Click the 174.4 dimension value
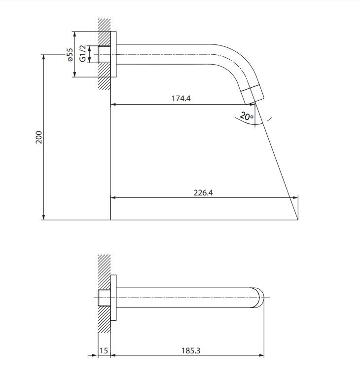181,98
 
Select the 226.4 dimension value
203,192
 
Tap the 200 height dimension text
39,137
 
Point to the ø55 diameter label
70,55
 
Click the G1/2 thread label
83,53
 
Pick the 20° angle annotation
247,116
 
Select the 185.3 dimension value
191,350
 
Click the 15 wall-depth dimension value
104,350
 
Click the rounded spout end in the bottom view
258,298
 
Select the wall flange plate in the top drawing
113,54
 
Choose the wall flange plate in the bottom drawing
113,298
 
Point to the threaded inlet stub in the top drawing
104,54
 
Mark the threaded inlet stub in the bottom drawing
104,298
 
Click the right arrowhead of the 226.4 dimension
295,197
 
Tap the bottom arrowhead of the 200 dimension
43,217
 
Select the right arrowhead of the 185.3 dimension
261,355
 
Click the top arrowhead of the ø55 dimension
75,35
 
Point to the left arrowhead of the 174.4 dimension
114,105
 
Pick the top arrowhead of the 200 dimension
43,57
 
